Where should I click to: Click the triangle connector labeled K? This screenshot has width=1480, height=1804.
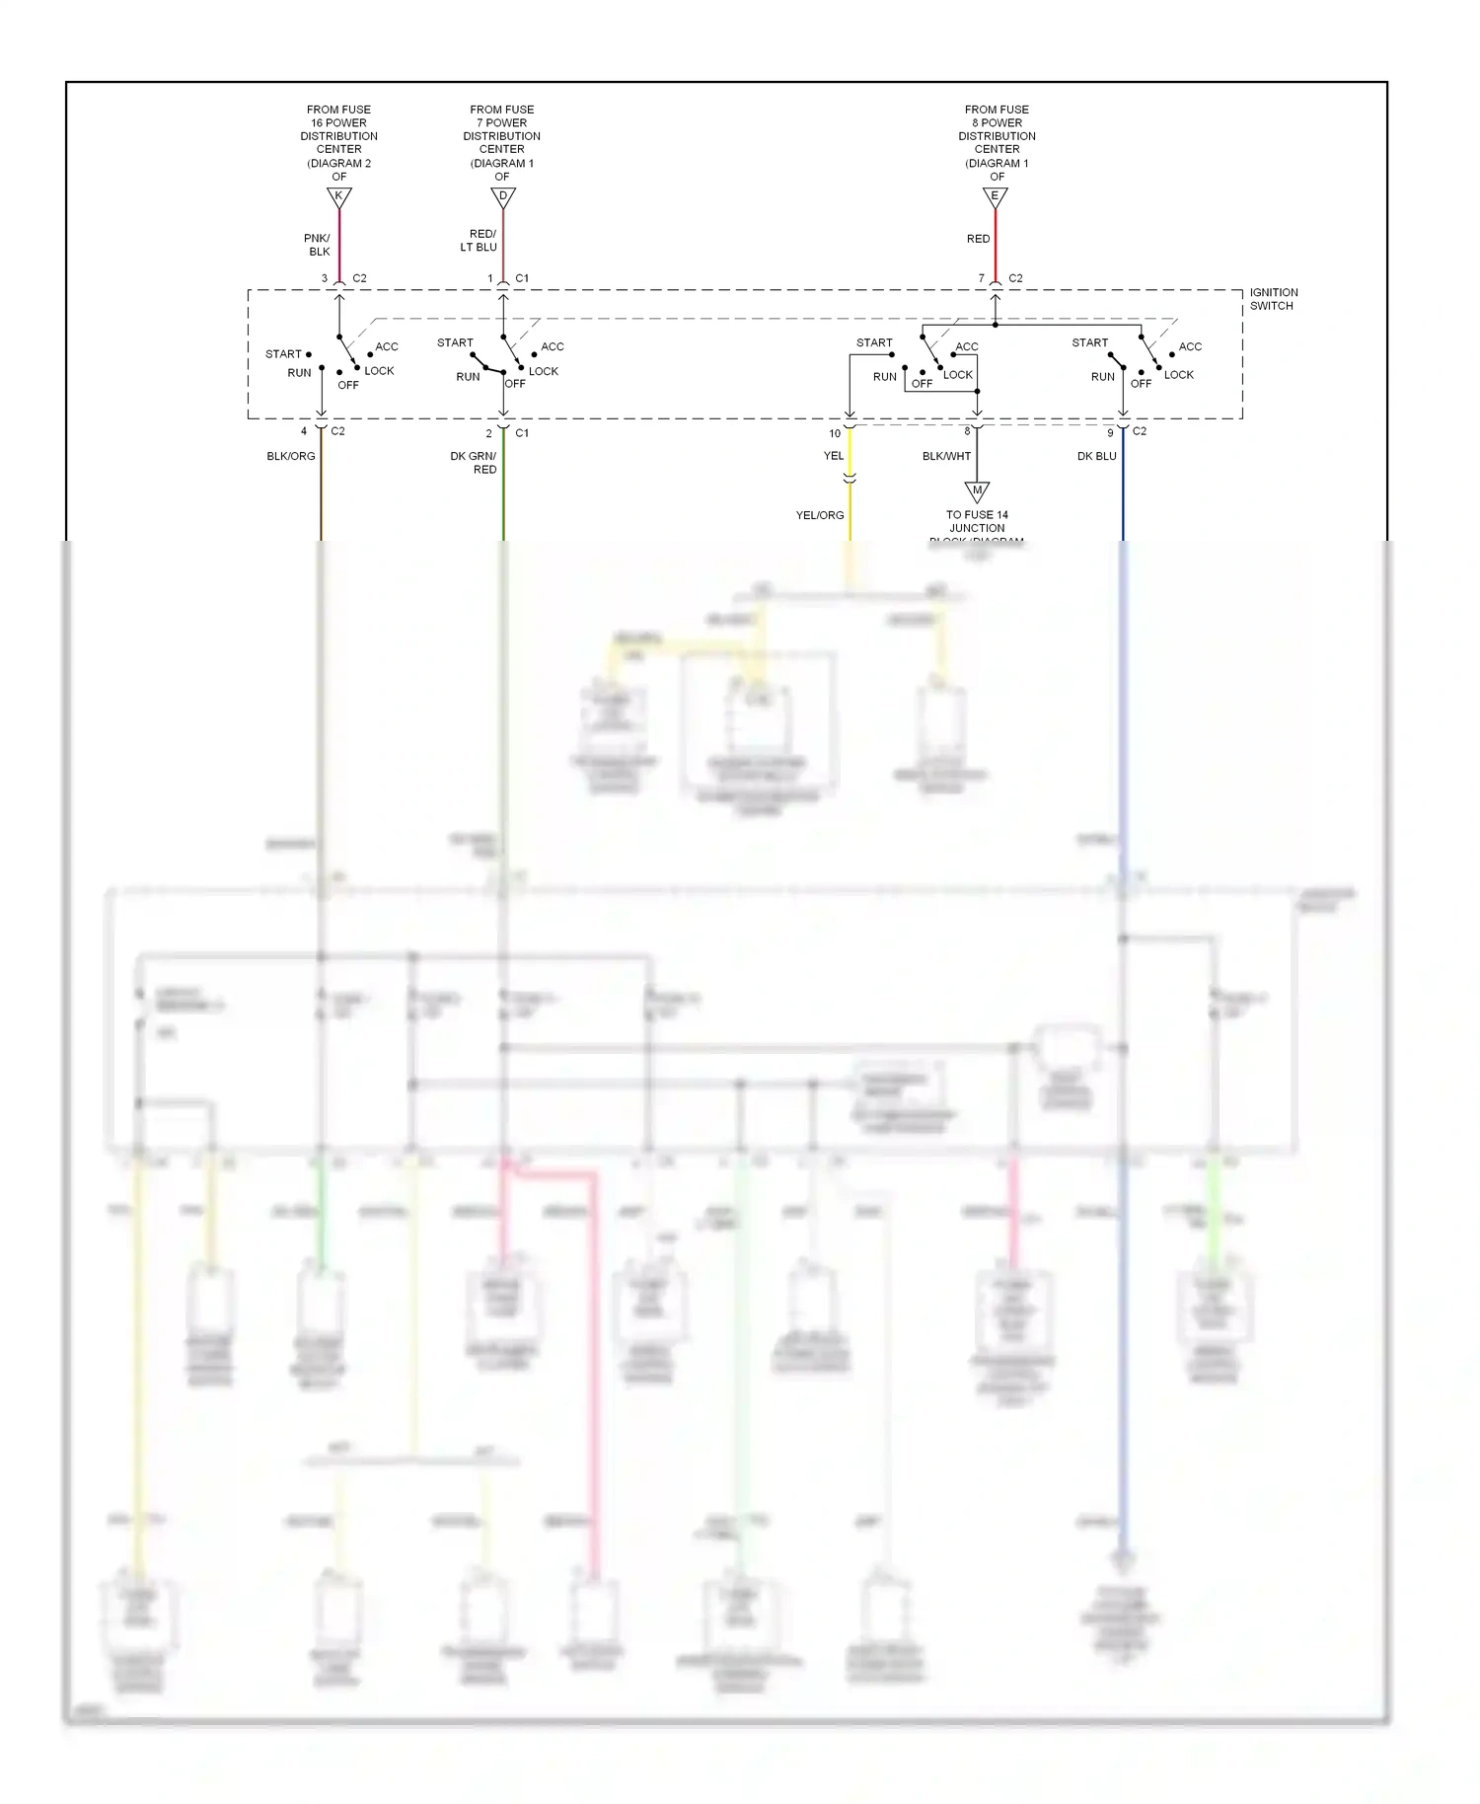click(x=338, y=197)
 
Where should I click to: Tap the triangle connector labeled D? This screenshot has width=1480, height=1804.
click(x=503, y=197)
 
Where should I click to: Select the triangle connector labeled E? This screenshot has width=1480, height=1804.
click(x=995, y=197)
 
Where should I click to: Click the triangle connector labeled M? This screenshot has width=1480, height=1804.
click(x=977, y=491)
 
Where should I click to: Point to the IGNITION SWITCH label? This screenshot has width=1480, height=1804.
click(x=1273, y=299)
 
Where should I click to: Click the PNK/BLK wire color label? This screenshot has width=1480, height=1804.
click(x=318, y=245)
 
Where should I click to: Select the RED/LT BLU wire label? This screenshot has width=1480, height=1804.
click(x=480, y=241)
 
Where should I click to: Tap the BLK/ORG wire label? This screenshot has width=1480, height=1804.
click(x=291, y=457)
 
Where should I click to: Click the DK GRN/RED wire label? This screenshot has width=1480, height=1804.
click(x=474, y=463)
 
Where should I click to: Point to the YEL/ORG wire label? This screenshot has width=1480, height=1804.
click(x=820, y=515)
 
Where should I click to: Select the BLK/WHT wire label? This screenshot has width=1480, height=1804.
click(x=946, y=457)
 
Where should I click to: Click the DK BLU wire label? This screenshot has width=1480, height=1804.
click(x=1096, y=457)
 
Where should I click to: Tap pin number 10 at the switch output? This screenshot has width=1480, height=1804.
click(x=835, y=434)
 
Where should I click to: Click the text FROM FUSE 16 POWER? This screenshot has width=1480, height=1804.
click(x=338, y=116)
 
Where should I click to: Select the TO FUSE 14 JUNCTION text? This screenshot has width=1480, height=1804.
click(x=977, y=521)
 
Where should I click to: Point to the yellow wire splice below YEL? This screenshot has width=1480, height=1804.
click(x=850, y=479)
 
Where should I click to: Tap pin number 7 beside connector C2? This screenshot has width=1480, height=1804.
click(x=981, y=278)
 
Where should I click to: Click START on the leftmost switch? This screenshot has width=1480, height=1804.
click(x=283, y=354)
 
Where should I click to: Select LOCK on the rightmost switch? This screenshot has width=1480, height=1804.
click(x=1178, y=375)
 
